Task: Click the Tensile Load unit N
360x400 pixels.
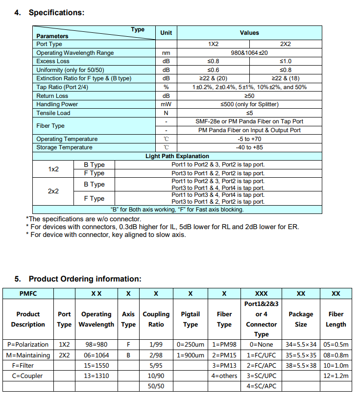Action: [166, 113]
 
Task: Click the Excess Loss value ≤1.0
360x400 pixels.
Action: [285, 61]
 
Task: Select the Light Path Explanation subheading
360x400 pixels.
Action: [177, 156]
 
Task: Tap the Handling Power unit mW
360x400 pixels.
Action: [166, 104]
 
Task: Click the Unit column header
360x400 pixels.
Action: [166, 33]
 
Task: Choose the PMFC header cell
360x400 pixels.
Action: [28, 294]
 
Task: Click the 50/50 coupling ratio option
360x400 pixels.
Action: [156, 386]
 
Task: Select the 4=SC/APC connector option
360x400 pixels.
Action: [262, 386]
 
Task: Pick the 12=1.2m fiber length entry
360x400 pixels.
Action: [336, 376]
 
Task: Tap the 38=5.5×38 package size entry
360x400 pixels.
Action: [301, 365]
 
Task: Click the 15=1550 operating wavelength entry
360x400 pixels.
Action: [96, 365]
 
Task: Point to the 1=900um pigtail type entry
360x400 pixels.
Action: [190, 355]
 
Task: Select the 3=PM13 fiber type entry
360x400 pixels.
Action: [224, 365]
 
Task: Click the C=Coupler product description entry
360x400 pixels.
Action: [28, 376]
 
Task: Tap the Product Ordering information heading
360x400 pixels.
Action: [85, 279]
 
